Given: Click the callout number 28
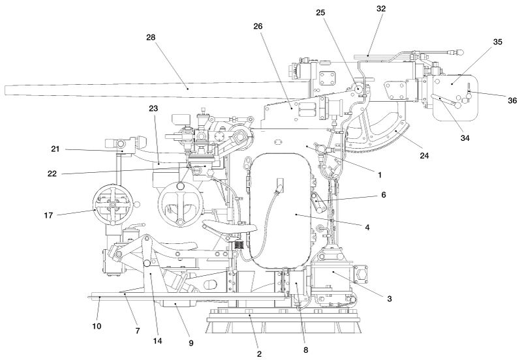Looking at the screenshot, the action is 151,37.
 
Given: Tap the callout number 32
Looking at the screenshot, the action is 381,9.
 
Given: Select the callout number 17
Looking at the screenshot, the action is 48,216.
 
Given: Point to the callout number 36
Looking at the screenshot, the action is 512,100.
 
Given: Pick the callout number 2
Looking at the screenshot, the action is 259,354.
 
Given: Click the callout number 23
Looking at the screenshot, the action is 153,108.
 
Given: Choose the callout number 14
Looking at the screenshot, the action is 157,341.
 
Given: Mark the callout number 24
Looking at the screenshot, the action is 424,155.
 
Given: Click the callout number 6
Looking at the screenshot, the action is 384,194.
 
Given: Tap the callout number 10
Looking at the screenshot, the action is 97,326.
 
